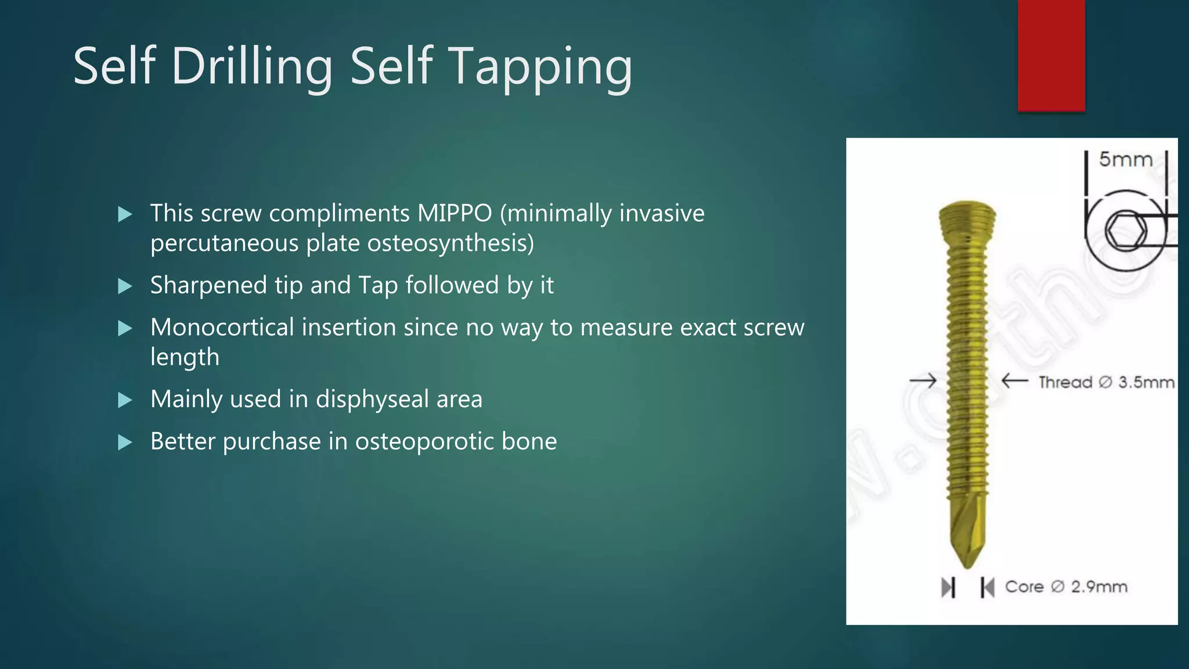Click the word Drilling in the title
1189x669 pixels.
pos(251,67)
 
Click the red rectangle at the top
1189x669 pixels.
pos(1051,55)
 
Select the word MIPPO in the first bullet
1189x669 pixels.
pos(455,213)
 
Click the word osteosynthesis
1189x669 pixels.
pos(451,243)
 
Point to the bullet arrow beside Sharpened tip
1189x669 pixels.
pos(125,286)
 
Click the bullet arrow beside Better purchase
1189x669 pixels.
pos(125,443)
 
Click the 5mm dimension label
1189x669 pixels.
pos(1125,159)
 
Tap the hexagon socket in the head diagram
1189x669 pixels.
pos(1126,231)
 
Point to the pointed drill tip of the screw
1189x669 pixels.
pos(967,552)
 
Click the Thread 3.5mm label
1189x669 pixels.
pos(1106,382)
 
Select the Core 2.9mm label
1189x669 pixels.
pos(1066,587)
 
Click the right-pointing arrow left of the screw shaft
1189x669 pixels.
pos(923,381)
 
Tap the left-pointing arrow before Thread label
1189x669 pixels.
pos(1014,381)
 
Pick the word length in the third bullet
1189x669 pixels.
pos(185,357)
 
